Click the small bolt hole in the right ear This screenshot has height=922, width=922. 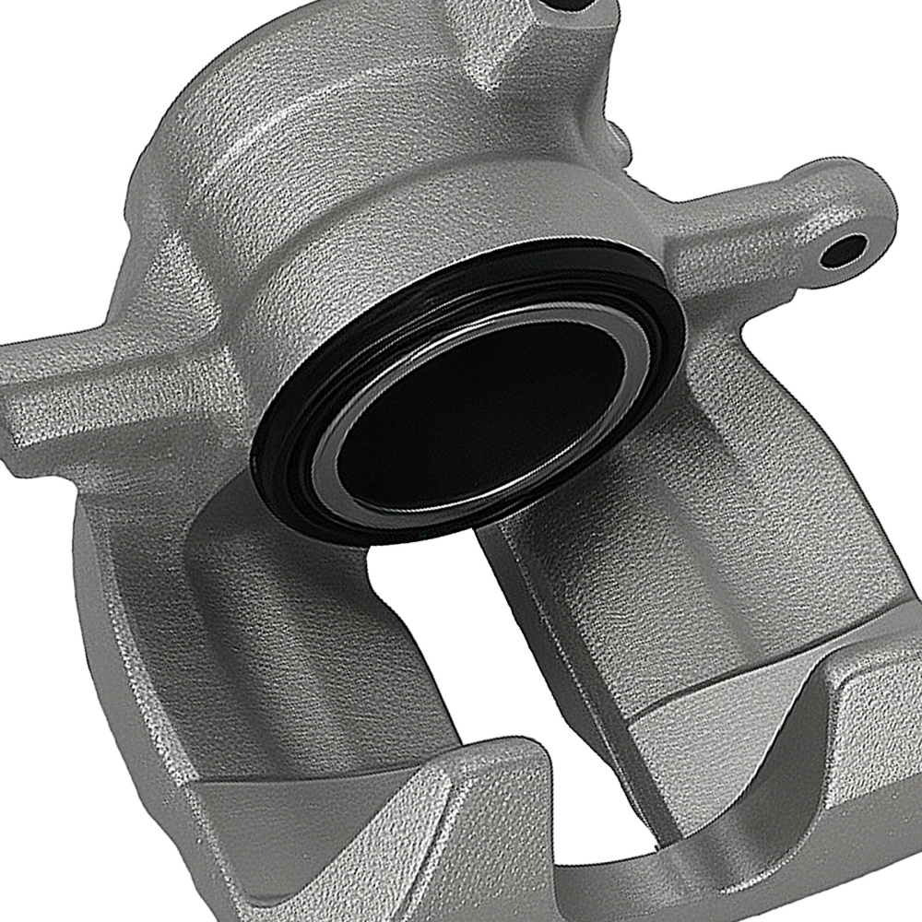(844, 249)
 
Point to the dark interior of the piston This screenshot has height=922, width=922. (479, 406)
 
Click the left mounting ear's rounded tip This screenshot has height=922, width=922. (18, 387)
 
